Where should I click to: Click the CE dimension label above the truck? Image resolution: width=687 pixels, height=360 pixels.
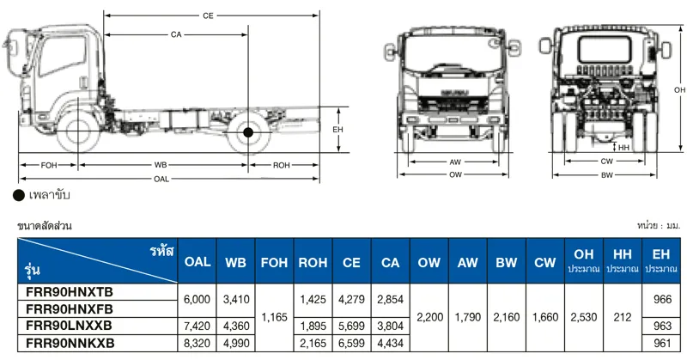click(208, 15)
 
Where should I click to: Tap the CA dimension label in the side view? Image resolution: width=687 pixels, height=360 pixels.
click(176, 34)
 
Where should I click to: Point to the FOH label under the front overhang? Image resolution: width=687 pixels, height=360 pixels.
click(49, 165)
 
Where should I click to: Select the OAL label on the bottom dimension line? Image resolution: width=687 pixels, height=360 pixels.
click(161, 179)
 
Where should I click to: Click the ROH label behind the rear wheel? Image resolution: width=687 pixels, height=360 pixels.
click(282, 165)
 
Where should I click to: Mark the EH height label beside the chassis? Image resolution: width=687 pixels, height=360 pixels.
click(337, 130)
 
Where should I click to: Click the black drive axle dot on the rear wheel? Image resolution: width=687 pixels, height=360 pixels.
click(248, 132)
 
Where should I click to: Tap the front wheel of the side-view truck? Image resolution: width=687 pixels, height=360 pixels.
click(78, 131)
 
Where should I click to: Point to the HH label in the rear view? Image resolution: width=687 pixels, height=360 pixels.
click(624, 148)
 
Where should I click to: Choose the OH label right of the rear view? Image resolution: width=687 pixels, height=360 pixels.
click(679, 90)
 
